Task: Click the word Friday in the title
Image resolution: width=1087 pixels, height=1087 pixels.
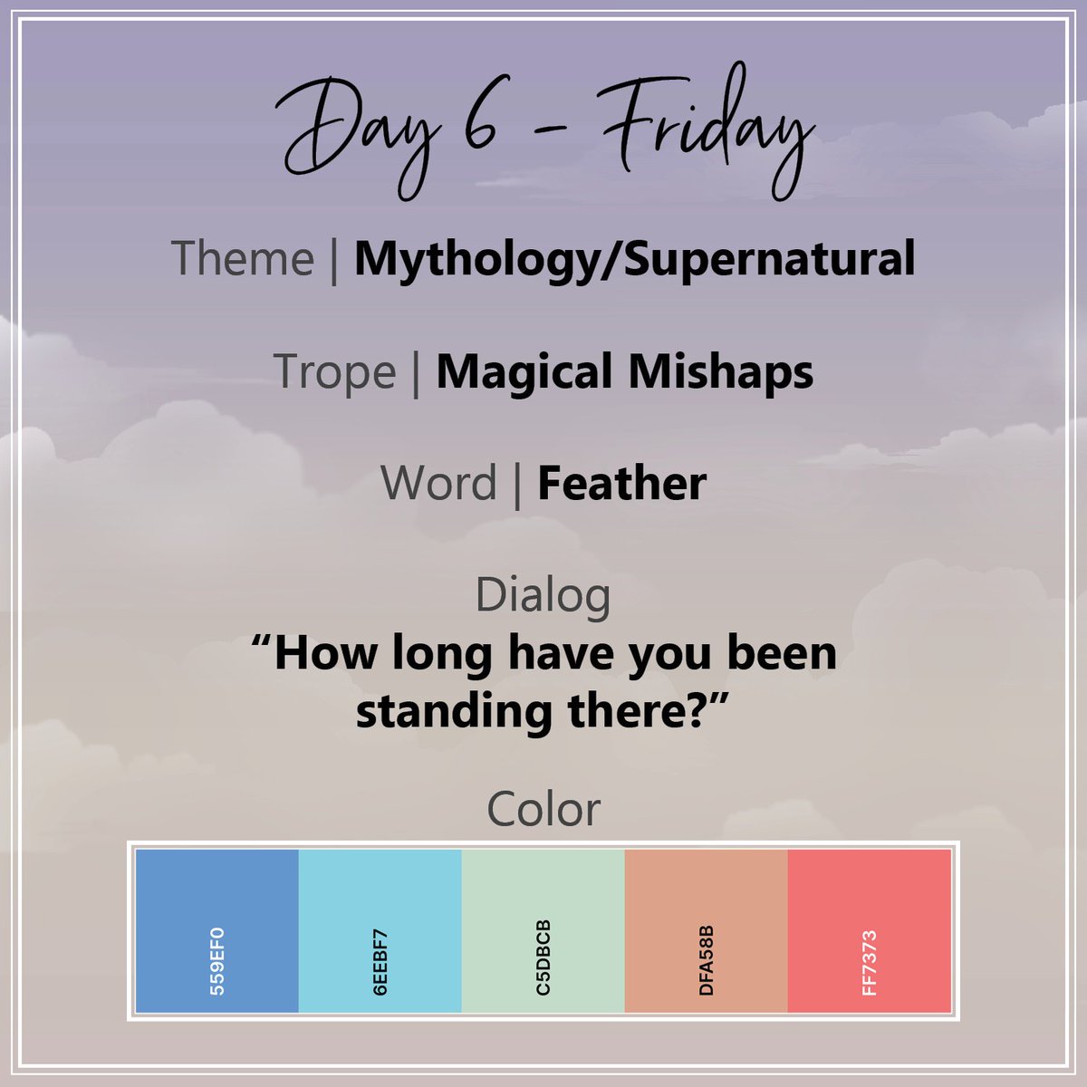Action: point(697,131)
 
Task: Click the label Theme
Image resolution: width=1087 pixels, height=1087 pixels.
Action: point(242,258)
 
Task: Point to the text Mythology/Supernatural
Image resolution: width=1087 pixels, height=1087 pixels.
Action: point(634,259)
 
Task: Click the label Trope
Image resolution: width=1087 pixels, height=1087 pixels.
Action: point(334,371)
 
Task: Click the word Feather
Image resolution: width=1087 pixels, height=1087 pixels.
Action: point(621,483)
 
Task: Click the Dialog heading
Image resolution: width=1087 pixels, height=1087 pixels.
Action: point(543,595)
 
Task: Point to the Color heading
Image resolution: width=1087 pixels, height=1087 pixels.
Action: point(543,809)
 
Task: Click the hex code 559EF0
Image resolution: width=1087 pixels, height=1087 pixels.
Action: point(217,960)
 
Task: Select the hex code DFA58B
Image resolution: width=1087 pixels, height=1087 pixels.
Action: point(707,960)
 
